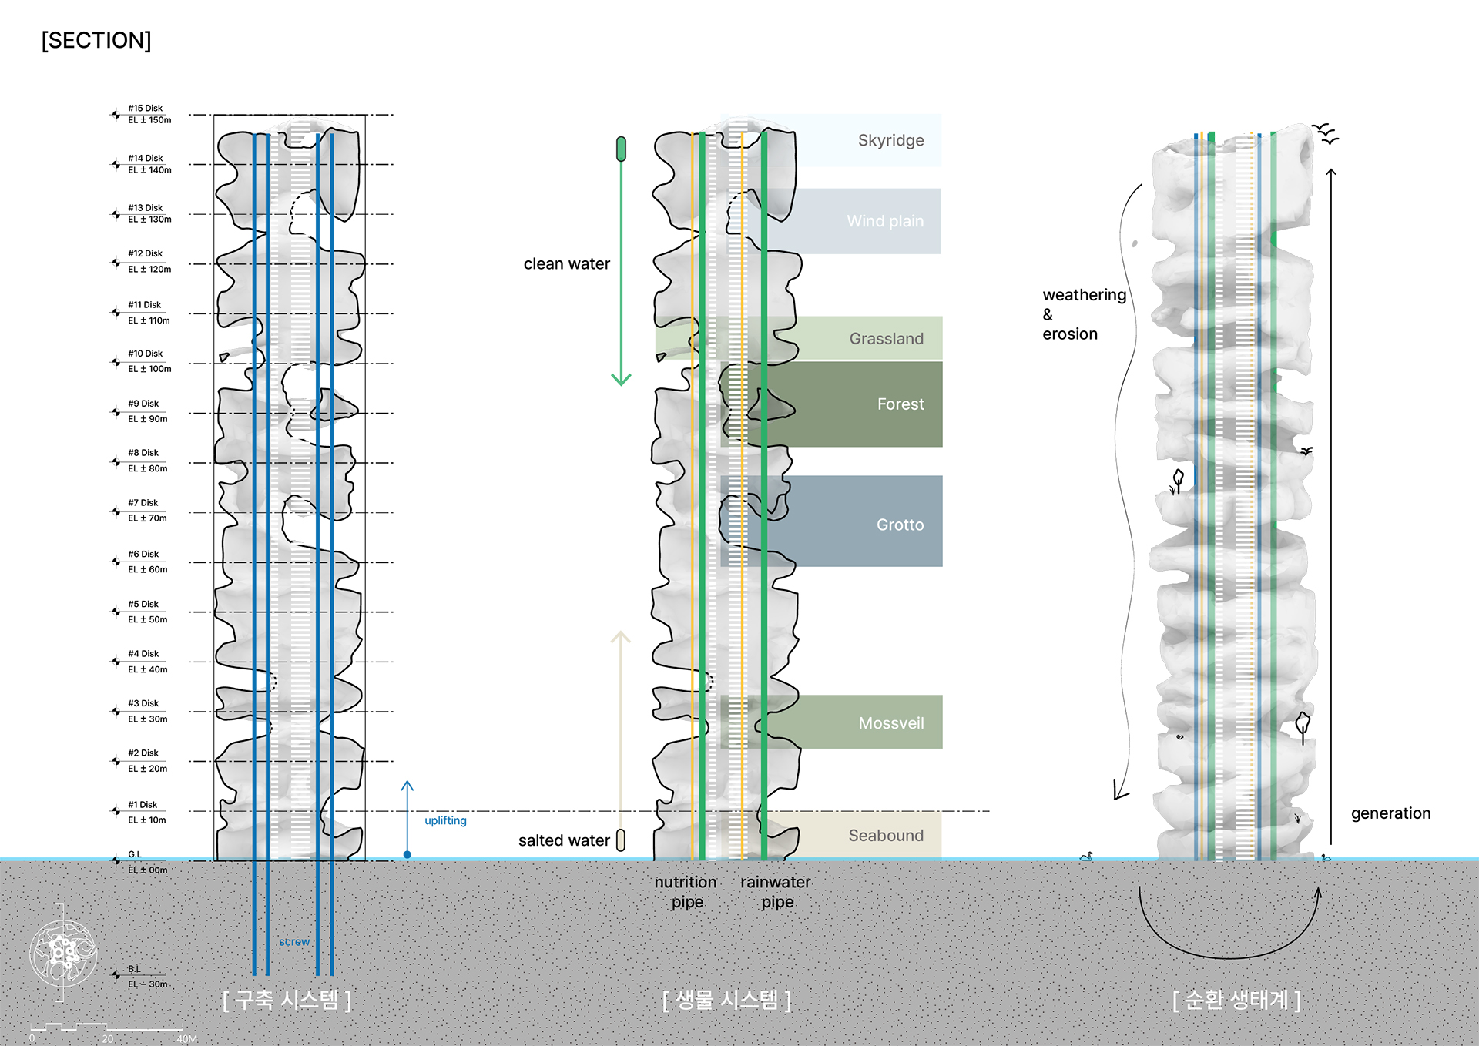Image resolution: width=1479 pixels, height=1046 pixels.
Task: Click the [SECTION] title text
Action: point(96,40)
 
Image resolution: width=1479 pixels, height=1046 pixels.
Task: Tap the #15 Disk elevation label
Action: point(149,114)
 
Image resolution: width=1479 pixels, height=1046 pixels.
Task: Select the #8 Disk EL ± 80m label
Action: point(147,461)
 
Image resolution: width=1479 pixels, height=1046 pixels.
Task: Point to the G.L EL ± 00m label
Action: point(146,862)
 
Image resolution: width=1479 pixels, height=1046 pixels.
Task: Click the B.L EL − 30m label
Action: point(146,977)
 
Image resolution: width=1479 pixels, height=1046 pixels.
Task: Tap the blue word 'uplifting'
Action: point(445,820)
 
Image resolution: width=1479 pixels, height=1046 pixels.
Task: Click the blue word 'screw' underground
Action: point(294,942)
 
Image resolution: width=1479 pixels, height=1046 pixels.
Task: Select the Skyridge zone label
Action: point(890,140)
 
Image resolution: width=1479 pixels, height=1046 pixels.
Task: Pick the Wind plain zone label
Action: point(885,221)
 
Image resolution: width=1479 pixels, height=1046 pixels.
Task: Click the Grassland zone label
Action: point(886,339)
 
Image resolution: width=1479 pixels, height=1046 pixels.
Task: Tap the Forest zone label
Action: point(900,404)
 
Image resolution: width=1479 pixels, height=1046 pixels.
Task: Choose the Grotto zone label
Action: point(900,525)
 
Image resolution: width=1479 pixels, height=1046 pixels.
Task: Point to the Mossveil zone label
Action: point(891,723)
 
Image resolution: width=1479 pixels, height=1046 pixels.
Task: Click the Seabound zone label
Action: point(886,836)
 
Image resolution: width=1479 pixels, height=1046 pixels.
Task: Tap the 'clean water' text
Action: point(566,264)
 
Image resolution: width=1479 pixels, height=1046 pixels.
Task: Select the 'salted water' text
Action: point(564,840)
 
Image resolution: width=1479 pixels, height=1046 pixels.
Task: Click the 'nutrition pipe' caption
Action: point(686,892)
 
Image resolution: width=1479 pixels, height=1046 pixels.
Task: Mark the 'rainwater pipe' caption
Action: point(776,892)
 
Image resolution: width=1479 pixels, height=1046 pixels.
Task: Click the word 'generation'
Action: point(1390,813)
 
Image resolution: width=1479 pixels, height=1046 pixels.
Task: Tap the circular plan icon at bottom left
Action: point(63,953)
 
